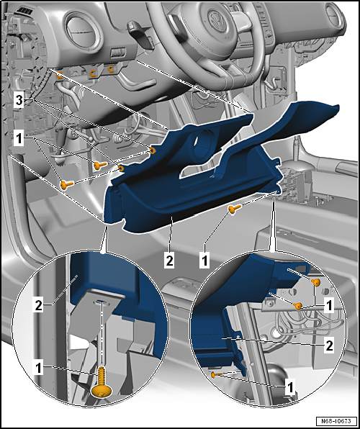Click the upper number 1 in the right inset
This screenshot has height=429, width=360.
click(328, 305)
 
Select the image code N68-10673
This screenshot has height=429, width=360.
click(335, 420)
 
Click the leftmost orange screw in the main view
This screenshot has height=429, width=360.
click(67, 185)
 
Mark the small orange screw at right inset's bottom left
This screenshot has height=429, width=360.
click(215, 374)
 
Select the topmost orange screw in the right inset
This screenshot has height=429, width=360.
click(316, 282)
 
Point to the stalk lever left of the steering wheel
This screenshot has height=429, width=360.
click(140, 27)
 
